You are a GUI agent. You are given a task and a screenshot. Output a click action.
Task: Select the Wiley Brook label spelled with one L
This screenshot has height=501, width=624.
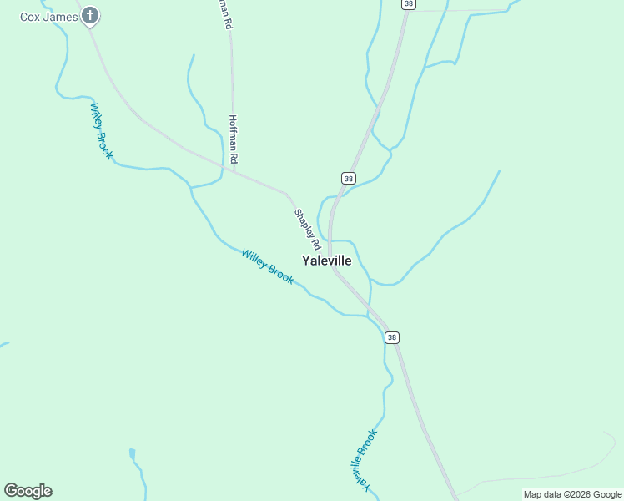tap(100, 130)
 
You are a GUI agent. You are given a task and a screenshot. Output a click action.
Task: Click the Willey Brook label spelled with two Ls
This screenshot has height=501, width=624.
tap(267, 266)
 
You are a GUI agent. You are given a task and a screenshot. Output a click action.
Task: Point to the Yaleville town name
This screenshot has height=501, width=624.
tap(326, 261)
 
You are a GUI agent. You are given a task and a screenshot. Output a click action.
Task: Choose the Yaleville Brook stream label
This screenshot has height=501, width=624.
tap(364, 460)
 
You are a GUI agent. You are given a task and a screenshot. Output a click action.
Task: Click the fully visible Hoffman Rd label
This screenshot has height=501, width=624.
tap(234, 139)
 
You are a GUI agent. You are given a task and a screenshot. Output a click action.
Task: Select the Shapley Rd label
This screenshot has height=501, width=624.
tap(307, 230)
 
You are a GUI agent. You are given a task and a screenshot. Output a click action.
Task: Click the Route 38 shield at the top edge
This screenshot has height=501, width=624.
tap(407, 4)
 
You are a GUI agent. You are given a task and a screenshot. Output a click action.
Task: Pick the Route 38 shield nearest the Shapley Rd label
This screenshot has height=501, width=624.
tap(349, 178)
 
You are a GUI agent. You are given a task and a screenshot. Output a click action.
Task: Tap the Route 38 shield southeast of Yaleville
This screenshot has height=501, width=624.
tap(392, 337)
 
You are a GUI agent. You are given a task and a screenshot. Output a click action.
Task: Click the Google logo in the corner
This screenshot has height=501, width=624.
tap(28, 491)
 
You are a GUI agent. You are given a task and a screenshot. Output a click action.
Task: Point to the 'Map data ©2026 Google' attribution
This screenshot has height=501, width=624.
tap(572, 494)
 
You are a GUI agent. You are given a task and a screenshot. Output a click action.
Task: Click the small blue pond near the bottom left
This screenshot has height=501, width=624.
tap(132, 454)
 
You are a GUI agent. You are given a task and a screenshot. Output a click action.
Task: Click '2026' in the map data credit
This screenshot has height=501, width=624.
tap(579, 494)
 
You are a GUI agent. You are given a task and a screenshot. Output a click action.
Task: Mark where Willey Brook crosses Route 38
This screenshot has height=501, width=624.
tap(371, 315)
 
